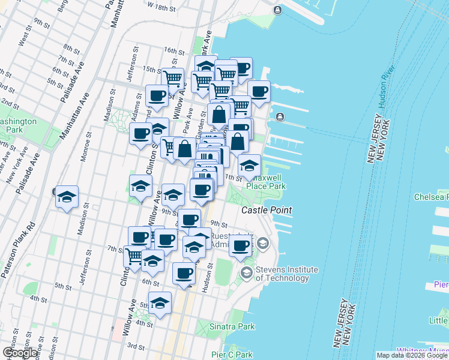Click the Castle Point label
click(267, 210)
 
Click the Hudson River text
click(383, 90)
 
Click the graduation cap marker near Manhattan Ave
click(67, 197)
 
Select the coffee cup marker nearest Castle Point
click(240, 245)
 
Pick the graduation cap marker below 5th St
click(160, 304)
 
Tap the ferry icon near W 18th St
click(277, 10)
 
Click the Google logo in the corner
click(20, 353)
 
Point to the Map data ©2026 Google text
click(412, 355)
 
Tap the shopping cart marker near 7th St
click(133, 256)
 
